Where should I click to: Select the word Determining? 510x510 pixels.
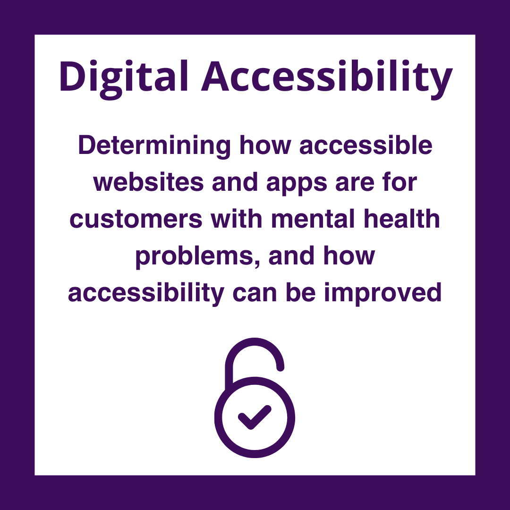click(154, 146)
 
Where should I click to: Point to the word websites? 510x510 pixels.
click(149, 182)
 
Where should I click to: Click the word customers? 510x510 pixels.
click(136, 220)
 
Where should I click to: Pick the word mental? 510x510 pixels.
click(313, 219)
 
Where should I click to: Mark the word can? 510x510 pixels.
click(255, 294)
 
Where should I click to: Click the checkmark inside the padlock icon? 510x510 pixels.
click(255, 417)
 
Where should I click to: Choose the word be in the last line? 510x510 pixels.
click(300, 292)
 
